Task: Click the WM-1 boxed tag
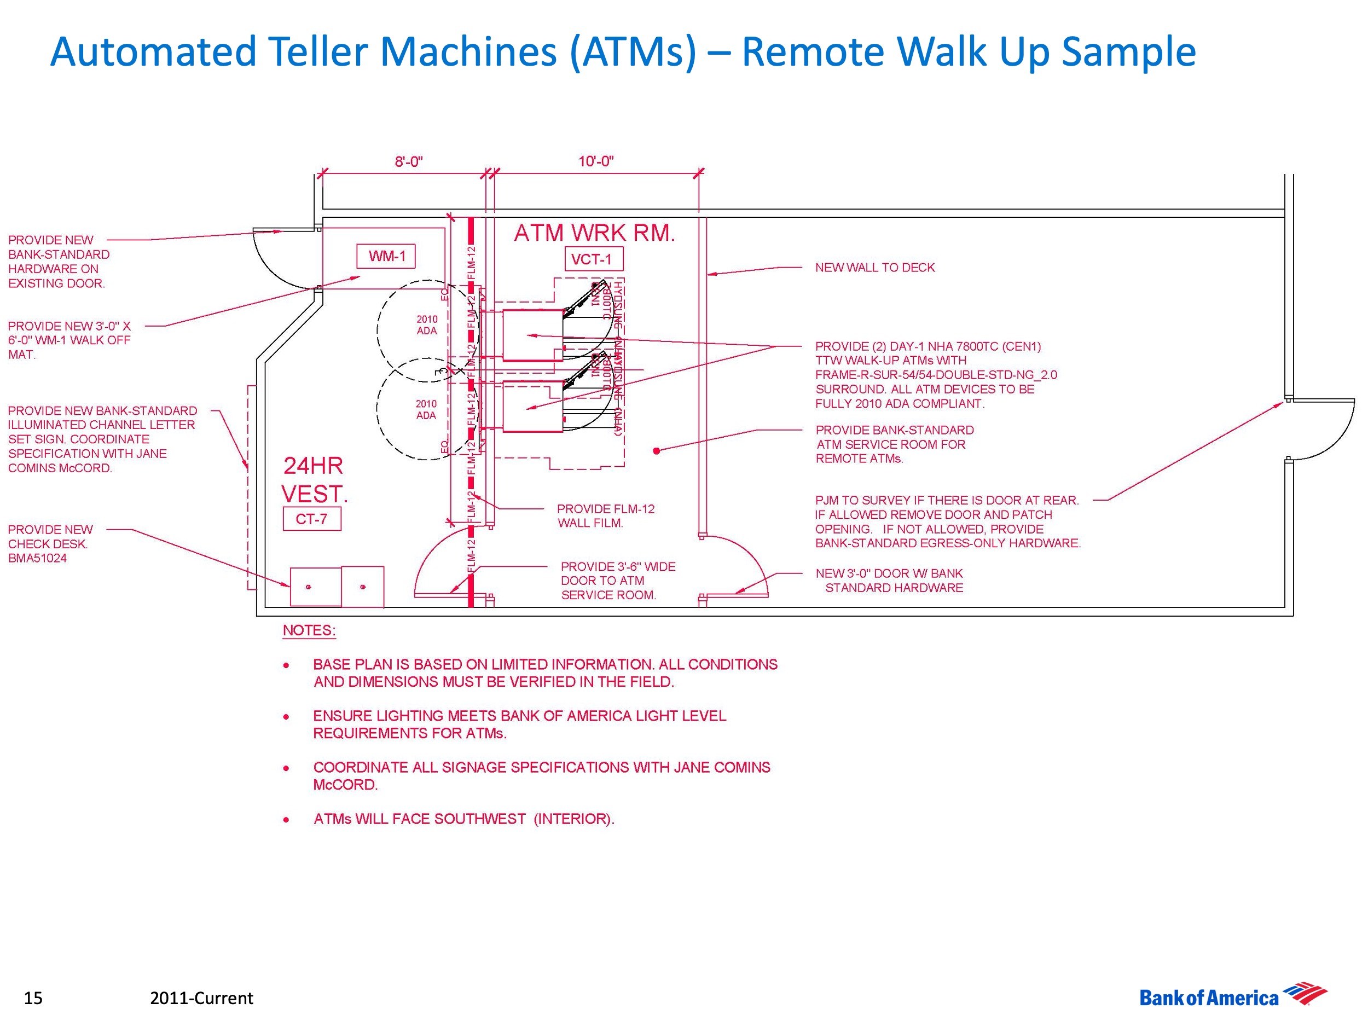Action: pos(386,256)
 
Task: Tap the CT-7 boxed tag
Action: pos(312,519)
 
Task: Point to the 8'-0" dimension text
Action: pos(409,162)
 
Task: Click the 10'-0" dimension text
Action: pos(595,161)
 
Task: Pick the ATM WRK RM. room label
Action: pos(594,233)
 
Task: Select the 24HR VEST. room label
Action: pos(314,480)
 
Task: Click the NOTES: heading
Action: pos(309,630)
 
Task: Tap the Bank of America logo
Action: pos(1232,997)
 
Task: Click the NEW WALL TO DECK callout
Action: pos(874,268)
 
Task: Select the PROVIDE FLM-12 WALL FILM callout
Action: pos(605,516)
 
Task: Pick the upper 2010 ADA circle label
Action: pos(427,324)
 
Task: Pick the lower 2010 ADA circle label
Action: pos(426,409)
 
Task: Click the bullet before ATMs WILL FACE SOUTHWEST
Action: pos(286,820)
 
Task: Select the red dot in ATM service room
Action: pos(657,451)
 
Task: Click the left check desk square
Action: pos(315,586)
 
